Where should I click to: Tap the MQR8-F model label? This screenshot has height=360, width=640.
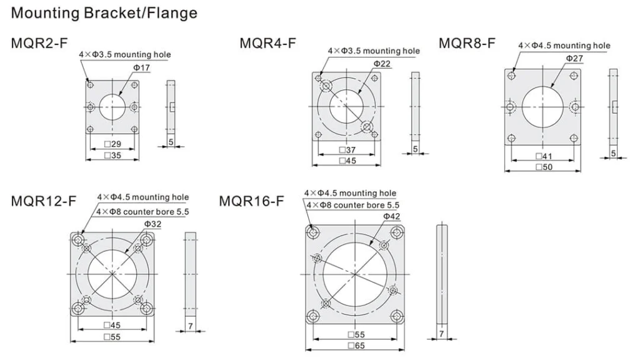pos(467,43)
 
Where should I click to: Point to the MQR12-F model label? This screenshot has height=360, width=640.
pos(44,201)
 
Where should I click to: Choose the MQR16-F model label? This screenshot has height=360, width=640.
pos(251,201)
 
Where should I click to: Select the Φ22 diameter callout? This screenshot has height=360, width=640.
pos(382,64)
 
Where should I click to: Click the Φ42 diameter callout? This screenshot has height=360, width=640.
pos(391,216)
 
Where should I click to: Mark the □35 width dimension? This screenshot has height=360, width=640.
pos(112,155)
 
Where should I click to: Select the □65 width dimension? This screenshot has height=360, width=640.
pos(355,345)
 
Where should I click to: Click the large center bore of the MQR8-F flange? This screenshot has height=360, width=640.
pos(543,107)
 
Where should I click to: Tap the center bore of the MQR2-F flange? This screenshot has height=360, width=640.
pos(112,107)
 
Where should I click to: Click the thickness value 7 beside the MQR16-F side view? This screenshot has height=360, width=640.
pos(441,334)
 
